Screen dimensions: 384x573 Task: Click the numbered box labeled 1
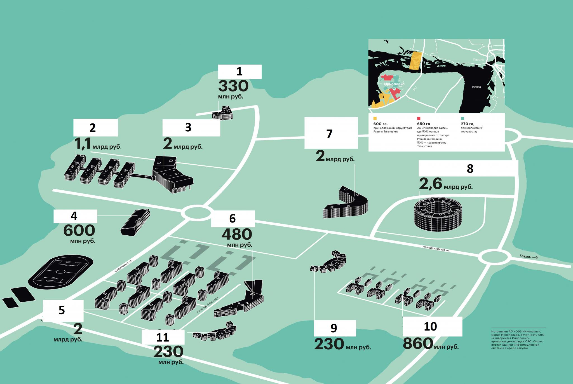click(x=240, y=72)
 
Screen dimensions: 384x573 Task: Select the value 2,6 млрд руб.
click(x=445, y=184)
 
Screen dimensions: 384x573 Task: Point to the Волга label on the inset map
click(x=476, y=87)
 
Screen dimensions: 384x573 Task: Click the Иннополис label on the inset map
click(x=394, y=84)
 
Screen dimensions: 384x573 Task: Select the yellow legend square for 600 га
click(x=375, y=118)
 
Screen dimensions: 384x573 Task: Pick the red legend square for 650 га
click(x=419, y=118)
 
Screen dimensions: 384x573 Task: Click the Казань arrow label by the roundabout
click(x=528, y=256)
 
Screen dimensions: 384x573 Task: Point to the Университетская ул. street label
click(x=436, y=248)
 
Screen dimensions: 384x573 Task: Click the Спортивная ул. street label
click(x=123, y=266)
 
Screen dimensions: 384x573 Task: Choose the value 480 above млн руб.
click(x=237, y=235)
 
